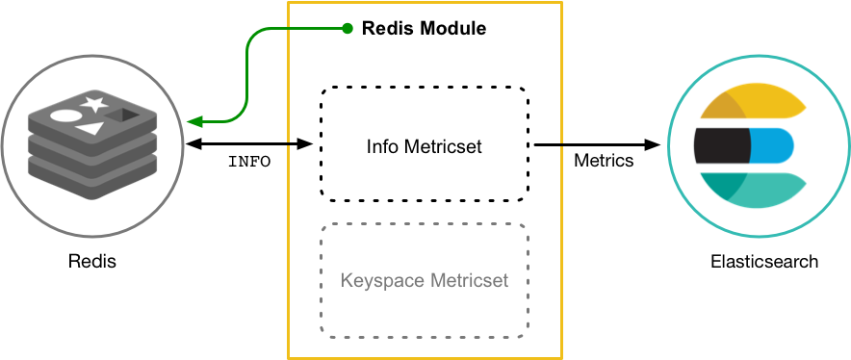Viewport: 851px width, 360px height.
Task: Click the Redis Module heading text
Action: click(x=424, y=29)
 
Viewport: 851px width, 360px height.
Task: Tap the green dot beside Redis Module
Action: click(x=348, y=28)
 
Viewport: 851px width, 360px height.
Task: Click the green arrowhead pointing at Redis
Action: click(x=193, y=121)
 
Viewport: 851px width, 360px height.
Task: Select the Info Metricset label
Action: click(x=424, y=147)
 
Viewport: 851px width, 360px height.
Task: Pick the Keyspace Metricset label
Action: click(x=424, y=281)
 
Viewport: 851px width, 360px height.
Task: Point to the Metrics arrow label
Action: click(x=604, y=161)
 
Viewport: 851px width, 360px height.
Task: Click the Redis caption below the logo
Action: click(x=91, y=261)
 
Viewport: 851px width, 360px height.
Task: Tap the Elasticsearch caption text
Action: click(x=763, y=261)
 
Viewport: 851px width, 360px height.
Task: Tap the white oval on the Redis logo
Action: click(x=64, y=116)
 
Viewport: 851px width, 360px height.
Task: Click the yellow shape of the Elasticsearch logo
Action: click(x=756, y=103)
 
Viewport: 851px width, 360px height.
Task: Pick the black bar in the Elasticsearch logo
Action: click(x=722, y=145)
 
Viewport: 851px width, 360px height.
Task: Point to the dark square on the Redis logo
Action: click(x=122, y=116)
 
